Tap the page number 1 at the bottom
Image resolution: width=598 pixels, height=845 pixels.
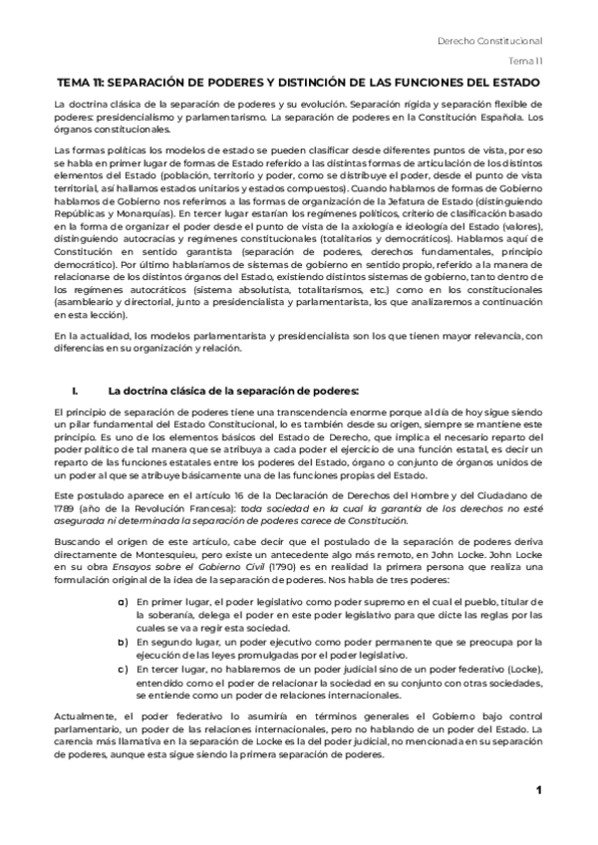click(x=538, y=791)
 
